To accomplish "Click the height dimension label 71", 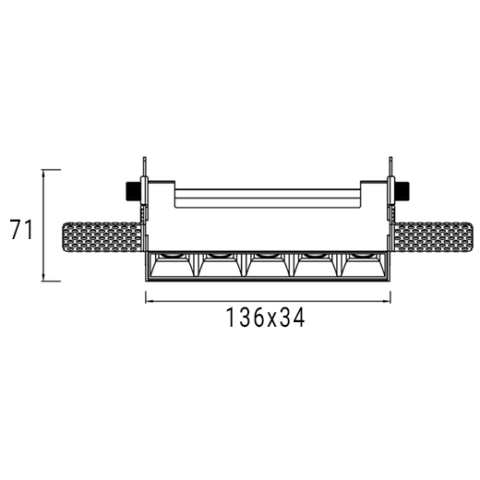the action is [21, 229].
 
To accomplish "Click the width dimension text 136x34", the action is [266, 317].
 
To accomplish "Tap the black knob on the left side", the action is [133, 191].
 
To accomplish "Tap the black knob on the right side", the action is [402, 191].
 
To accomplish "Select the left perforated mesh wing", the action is [102, 237].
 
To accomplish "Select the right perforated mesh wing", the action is [433, 237].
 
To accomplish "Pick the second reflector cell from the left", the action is [220, 265].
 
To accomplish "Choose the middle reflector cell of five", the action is [267, 265].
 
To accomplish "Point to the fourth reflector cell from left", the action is [315, 265].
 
